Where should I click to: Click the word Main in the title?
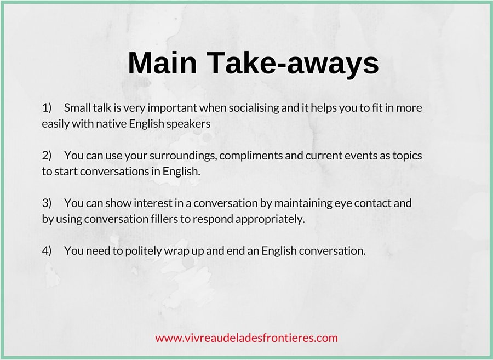[162, 62]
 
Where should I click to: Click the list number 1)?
[47, 108]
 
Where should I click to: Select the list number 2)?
[47, 156]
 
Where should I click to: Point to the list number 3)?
[47, 203]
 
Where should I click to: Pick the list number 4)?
[47, 251]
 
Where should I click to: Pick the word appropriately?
[270, 220]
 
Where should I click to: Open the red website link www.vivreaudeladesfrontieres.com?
[246, 338]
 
